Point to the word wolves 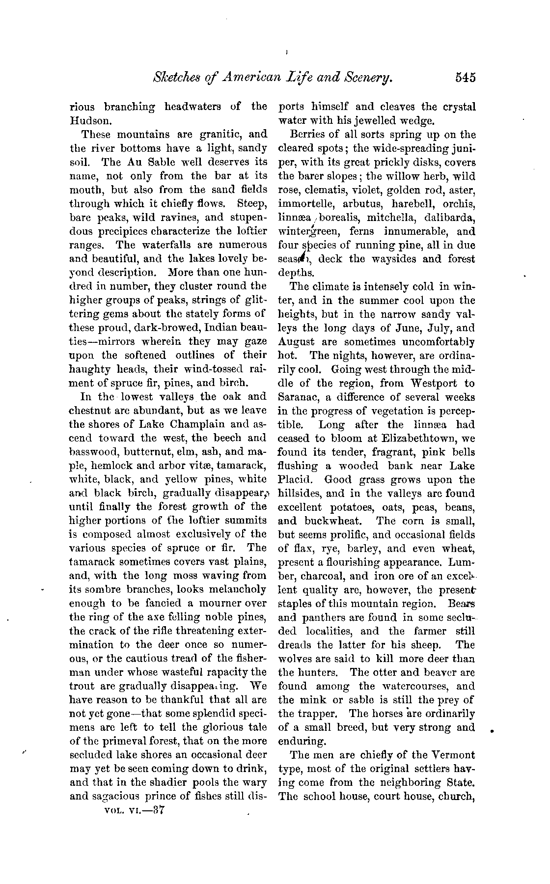click(296, 659)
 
